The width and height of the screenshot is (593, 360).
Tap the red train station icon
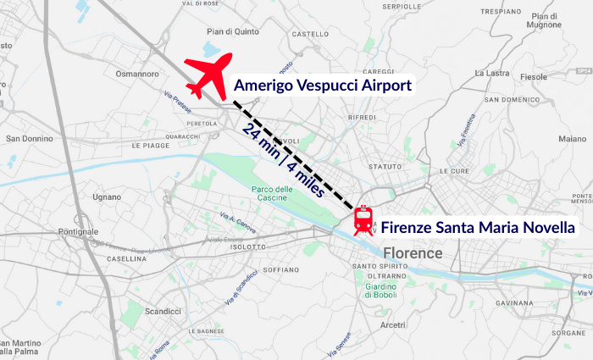coord(363,220)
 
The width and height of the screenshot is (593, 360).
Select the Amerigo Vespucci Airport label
coord(322,86)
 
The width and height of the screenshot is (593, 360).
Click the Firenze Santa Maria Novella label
coord(478,227)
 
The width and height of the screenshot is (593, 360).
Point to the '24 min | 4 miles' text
coord(283,161)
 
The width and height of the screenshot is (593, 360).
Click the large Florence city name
coord(413,253)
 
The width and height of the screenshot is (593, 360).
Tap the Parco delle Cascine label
coord(272,194)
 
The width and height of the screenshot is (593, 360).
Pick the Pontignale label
coord(79,232)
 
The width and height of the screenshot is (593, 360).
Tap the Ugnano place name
coord(108,197)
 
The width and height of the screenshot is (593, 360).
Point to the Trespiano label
coord(499,12)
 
